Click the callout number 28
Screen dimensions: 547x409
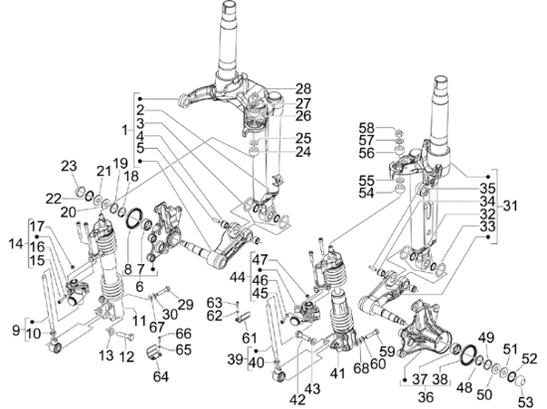click(x=304, y=88)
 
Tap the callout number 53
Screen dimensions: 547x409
click(x=526, y=401)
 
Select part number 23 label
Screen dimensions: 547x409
click(x=69, y=166)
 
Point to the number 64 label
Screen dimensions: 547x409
click(x=161, y=376)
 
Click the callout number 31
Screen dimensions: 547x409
click(x=510, y=206)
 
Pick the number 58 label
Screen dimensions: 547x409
click(x=367, y=128)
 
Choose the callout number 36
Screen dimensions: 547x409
click(x=426, y=396)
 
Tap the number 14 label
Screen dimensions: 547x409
click(x=16, y=243)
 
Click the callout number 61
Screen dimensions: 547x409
click(x=250, y=338)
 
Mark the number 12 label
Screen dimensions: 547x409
click(x=126, y=356)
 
